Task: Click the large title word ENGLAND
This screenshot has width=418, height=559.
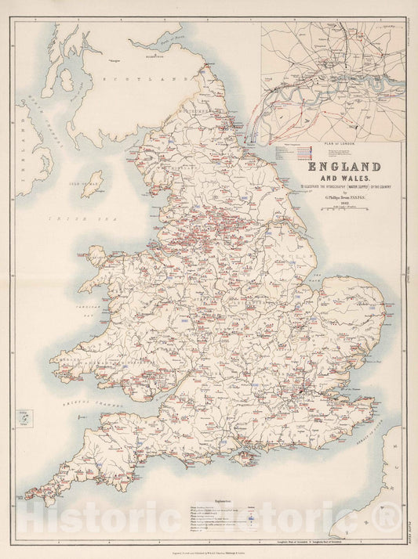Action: coord(343,167)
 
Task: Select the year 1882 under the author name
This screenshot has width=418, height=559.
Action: coord(343,202)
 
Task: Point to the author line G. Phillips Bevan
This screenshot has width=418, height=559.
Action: coord(343,196)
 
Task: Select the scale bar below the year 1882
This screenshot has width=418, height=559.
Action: coord(343,207)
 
